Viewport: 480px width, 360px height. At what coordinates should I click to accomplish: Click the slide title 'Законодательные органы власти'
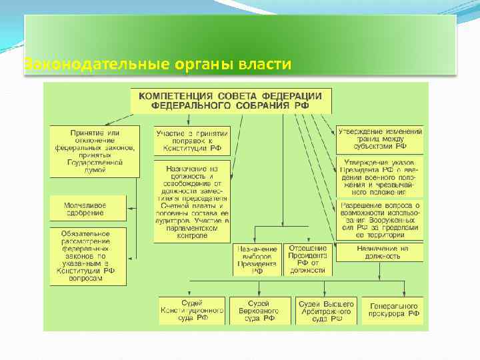click(x=157, y=65)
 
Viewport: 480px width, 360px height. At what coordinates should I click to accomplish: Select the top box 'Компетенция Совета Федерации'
click(x=231, y=100)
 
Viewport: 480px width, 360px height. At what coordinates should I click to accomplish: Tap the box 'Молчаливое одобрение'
click(x=85, y=209)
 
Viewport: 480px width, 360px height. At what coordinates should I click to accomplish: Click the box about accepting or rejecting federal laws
click(x=94, y=151)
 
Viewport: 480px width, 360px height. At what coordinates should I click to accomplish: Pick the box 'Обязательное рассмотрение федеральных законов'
click(x=87, y=257)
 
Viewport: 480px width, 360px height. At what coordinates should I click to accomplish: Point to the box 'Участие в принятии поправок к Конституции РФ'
click(x=192, y=141)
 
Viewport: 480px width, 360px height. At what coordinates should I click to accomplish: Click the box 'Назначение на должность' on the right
click(x=379, y=252)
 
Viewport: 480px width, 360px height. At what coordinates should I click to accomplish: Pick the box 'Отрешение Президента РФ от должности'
click(x=307, y=259)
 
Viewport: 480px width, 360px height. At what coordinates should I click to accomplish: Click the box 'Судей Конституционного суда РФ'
click(x=192, y=310)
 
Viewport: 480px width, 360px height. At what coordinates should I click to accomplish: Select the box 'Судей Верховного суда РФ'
click(x=260, y=310)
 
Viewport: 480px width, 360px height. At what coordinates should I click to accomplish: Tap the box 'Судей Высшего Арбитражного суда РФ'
click(x=324, y=310)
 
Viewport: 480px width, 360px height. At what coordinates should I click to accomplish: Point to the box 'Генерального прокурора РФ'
click(x=395, y=310)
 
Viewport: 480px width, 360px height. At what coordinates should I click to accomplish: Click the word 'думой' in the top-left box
click(x=94, y=169)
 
